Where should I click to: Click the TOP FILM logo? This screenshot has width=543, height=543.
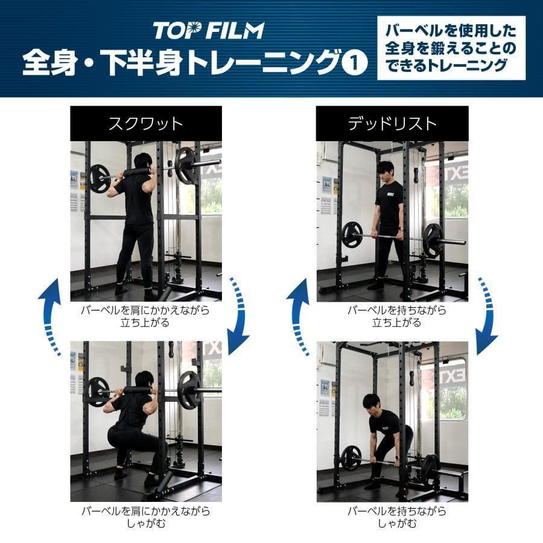coord(208,30)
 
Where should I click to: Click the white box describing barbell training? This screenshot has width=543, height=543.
coord(451,48)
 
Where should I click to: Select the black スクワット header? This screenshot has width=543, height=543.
coord(145,124)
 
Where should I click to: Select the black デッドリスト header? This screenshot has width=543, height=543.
coord(392,124)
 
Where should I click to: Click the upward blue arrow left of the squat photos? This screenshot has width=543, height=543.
coord(51,314)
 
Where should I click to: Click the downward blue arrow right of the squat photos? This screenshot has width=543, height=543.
coord(240,314)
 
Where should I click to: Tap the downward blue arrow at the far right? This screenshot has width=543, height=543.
coord(487,314)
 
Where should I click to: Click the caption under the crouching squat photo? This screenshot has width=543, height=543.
coord(145,517)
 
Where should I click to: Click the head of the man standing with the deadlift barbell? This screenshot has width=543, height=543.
coord(385,168)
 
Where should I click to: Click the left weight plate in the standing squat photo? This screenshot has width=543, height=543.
coord(100,179)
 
